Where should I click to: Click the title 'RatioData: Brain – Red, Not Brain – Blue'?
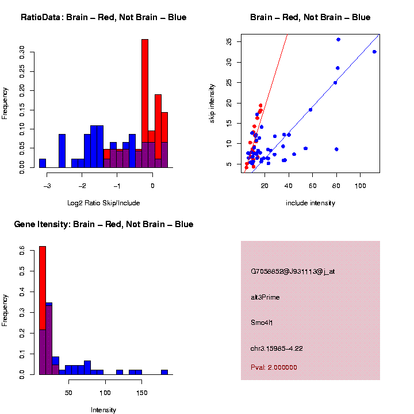[x=103, y=17]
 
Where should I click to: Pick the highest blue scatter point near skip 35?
[x=338, y=40]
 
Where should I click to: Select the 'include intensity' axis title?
[x=310, y=203]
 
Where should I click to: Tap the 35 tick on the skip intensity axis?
[x=228, y=42]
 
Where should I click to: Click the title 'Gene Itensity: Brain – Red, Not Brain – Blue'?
[x=103, y=224]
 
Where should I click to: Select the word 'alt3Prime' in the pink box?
[x=265, y=297]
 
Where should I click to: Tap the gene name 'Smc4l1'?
[x=262, y=323]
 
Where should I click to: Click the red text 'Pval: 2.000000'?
[x=274, y=367]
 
